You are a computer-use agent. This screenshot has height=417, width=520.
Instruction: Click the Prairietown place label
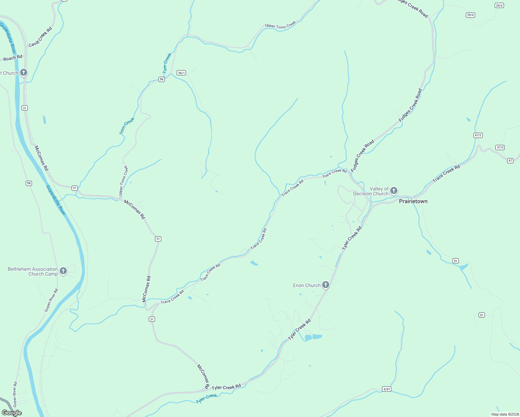(413, 202)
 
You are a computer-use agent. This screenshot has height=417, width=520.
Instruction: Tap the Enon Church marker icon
(326, 285)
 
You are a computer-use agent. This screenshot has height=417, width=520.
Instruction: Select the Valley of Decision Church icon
(393, 190)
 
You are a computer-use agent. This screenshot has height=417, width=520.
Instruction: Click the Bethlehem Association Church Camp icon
(63, 271)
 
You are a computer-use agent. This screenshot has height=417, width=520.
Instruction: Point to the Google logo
(12, 413)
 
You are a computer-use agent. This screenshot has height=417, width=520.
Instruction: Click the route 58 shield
(29, 183)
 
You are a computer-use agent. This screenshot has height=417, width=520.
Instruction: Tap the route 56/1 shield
(181, 73)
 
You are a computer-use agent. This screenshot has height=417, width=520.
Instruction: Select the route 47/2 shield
(478, 135)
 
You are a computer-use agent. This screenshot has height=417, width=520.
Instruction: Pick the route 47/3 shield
(500, 147)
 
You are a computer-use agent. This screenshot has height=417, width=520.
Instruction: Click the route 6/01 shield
(387, 389)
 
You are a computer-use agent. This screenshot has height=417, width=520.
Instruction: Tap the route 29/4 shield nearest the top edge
(499, 6)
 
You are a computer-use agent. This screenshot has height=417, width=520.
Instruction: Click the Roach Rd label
(13, 58)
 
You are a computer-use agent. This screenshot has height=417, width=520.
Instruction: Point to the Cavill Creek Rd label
(40, 37)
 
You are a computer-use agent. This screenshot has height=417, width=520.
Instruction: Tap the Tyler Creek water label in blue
(206, 398)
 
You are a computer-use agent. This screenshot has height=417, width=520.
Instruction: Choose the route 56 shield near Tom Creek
(162, 80)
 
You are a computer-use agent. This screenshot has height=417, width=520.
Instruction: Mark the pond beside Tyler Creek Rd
(313, 337)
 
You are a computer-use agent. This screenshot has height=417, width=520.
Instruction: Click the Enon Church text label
(307, 286)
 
